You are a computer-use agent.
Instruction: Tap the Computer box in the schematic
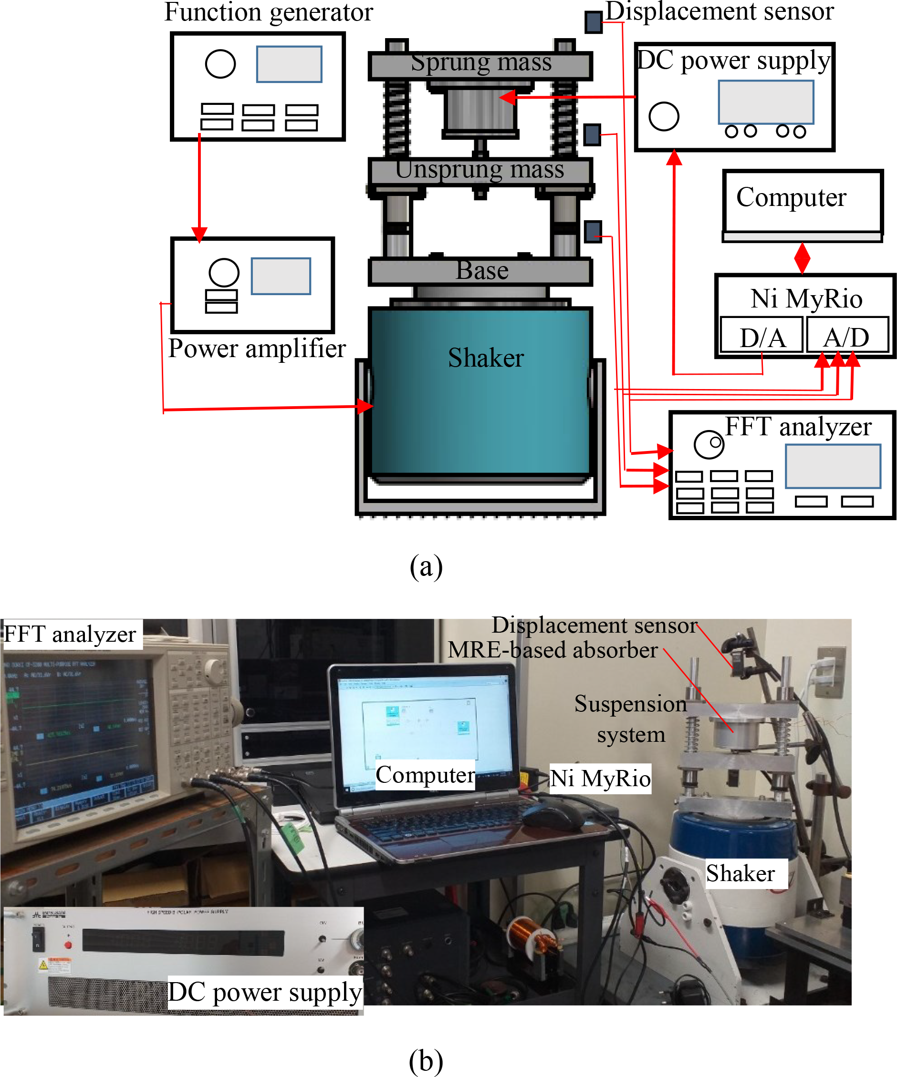(x=802, y=201)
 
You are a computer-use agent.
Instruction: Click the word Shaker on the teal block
(x=485, y=358)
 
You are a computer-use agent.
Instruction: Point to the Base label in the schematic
(x=482, y=270)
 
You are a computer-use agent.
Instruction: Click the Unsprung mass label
(x=480, y=169)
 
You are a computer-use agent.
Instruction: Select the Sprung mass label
(x=481, y=62)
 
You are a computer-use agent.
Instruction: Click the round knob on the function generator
(x=220, y=63)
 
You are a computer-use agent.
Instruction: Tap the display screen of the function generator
(x=289, y=64)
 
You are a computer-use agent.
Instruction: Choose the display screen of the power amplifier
(x=281, y=276)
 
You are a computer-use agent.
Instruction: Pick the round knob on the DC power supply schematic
(x=664, y=116)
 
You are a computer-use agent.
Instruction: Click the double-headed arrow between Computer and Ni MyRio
(x=802, y=258)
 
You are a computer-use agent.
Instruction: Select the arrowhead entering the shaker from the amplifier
(x=365, y=406)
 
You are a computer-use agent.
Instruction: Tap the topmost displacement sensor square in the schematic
(x=593, y=22)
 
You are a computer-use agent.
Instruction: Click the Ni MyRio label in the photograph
(x=600, y=779)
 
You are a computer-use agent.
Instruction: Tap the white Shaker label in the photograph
(x=740, y=873)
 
